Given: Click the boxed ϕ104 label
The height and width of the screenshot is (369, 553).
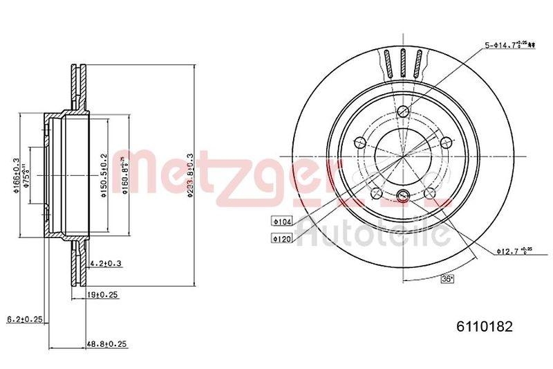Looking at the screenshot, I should tap(281, 222).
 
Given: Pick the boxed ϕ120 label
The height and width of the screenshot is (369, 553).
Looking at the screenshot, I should tap(281, 238).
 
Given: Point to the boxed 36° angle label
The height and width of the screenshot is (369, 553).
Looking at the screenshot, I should tap(447, 278).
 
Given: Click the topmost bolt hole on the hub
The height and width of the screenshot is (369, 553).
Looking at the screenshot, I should tap(403, 112).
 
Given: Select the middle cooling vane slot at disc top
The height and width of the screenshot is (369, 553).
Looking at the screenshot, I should tap(403, 65).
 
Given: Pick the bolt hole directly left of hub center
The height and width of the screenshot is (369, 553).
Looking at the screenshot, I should tap(359, 143).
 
